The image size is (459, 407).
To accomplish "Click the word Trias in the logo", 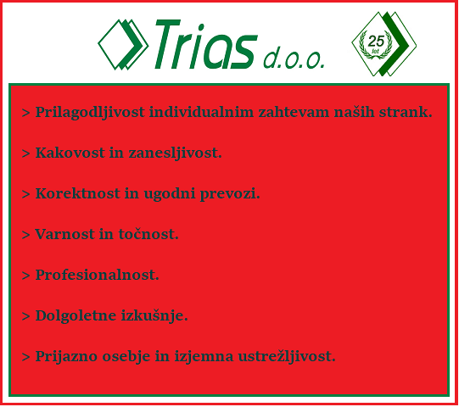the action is coord(206,44).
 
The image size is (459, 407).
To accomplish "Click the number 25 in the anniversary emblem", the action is coord(376,41).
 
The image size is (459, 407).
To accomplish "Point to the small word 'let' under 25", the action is coord(375,52).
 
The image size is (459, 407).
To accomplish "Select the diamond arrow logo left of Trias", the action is coord(123,44).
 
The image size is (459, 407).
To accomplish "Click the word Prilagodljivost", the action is coord(90,113).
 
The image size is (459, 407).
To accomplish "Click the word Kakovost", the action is coord(70,153).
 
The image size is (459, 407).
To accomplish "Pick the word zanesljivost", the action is coord(175,153).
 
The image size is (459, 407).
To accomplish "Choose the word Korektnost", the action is coord(77,193).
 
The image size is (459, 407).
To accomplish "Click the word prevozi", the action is coord(229,194).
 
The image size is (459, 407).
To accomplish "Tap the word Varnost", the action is coord(64,234).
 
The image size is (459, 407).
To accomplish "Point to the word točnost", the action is coord(148,234).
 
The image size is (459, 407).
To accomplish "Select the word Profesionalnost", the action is coord(97,275).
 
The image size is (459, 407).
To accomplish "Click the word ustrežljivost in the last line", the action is coord(286,357).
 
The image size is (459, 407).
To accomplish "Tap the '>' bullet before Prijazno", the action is coord(25,357).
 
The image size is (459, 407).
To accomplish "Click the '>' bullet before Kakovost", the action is coord(25,153).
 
